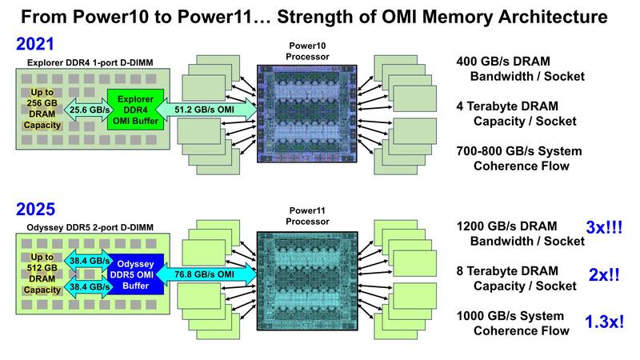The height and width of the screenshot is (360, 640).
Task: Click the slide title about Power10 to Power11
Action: pos(320,15)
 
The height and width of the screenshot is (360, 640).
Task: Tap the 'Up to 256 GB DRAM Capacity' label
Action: pos(38,110)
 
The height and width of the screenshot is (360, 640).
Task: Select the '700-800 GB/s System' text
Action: pos(518,151)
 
